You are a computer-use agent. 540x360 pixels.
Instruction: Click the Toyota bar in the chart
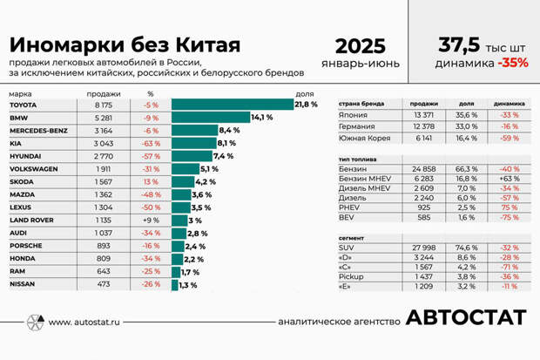click(x=232, y=105)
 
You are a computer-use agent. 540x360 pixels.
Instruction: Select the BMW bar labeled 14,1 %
click(x=210, y=118)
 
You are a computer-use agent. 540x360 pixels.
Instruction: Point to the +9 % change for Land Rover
click(x=150, y=221)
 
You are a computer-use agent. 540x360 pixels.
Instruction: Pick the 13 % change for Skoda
click(x=151, y=181)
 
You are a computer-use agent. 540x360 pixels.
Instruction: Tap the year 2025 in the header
click(x=360, y=46)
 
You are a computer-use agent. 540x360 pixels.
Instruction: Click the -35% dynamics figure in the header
click(x=513, y=64)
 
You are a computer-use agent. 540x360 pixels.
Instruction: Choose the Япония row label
click(x=353, y=114)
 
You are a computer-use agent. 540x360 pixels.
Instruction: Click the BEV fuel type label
click(x=346, y=219)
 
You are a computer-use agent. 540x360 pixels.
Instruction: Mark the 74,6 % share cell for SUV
click(x=467, y=248)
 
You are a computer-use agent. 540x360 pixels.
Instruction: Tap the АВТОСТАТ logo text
click(x=465, y=318)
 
